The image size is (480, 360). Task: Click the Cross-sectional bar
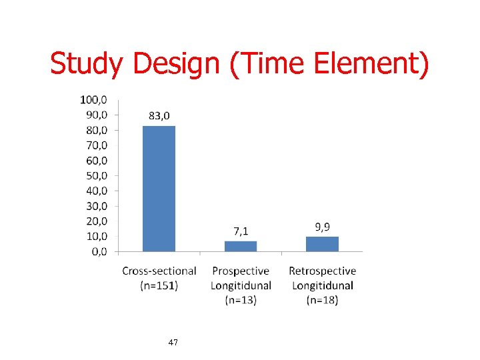pos(159,188)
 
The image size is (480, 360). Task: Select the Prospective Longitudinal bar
pos(241,246)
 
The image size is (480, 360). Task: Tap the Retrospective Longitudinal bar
pos(322,244)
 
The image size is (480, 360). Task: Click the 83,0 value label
pos(159,116)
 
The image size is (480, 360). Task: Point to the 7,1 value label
pos(241,231)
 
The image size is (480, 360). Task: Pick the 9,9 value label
pos(322,227)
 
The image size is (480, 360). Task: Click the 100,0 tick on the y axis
pos(93,100)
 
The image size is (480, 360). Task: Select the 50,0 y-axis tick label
pos(95,176)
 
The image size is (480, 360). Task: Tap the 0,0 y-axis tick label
pos(98,251)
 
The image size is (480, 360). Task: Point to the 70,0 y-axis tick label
pos(95,145)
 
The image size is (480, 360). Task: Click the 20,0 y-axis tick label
pos(95,221)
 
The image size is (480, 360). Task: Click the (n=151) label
pos(159,285)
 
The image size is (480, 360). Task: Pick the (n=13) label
pos(241,300)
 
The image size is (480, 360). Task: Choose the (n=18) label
pos(322,300)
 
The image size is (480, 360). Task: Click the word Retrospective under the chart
pos(322,271)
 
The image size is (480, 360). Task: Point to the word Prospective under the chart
pos(241,271)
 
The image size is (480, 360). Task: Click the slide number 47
pos(173,342)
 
